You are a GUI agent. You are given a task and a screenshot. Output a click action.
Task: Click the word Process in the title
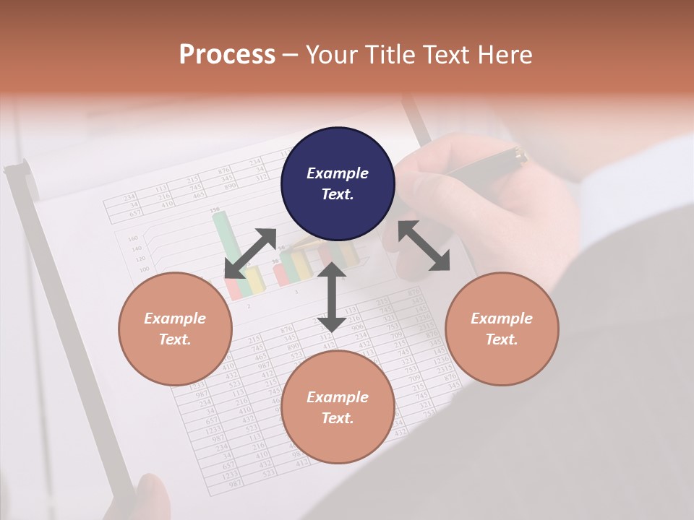227,55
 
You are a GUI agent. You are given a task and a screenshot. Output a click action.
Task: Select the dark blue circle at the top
338,184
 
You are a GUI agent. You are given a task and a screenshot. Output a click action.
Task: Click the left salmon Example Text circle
175,329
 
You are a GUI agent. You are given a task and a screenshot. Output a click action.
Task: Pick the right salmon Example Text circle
502,329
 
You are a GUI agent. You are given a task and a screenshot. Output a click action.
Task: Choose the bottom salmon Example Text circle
338,407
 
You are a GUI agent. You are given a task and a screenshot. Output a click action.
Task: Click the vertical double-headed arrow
332,297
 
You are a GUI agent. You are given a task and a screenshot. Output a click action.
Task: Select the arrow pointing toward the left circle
250,253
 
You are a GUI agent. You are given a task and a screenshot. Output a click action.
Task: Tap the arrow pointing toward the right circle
424,246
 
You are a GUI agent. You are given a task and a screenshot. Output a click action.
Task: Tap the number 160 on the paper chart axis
132,238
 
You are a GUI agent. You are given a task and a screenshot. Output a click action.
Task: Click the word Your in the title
332,55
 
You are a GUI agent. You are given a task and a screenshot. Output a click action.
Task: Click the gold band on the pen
518,154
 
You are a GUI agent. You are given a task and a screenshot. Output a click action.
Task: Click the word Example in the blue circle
338,173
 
